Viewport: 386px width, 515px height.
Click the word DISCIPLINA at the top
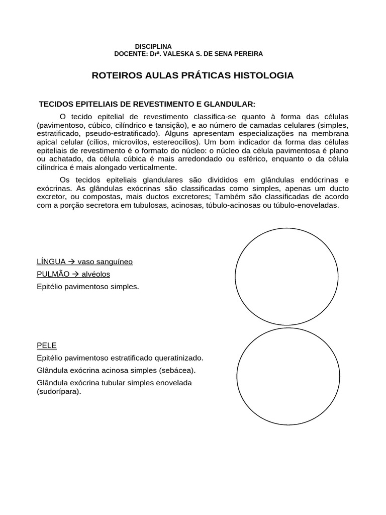(x=153, y=46)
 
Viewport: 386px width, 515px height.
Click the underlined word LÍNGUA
(x=50, y=262)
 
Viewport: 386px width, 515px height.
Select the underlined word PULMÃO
(x=51, y=274)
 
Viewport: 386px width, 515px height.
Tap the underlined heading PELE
(x=47, y=346)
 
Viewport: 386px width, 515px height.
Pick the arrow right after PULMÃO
(x=72, y=274)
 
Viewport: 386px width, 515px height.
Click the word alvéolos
(x=94, y=274)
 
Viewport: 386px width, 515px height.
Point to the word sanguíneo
(x=114, y=262)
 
